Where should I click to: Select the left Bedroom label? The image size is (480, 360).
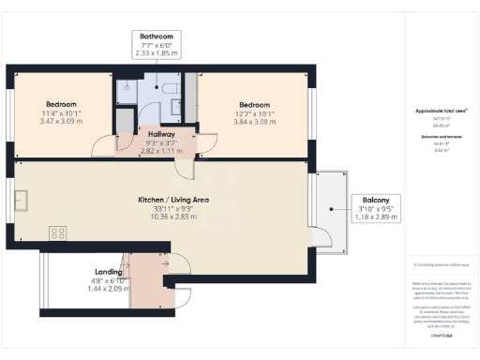(61, 104)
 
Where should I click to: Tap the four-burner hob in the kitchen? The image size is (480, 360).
(57, 233)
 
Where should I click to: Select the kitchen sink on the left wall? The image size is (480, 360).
(21, 200)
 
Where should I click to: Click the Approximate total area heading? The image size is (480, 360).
(442, 111)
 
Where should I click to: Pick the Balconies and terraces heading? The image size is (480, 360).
(442, 136)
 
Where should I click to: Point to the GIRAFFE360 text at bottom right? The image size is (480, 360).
(442, 335)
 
